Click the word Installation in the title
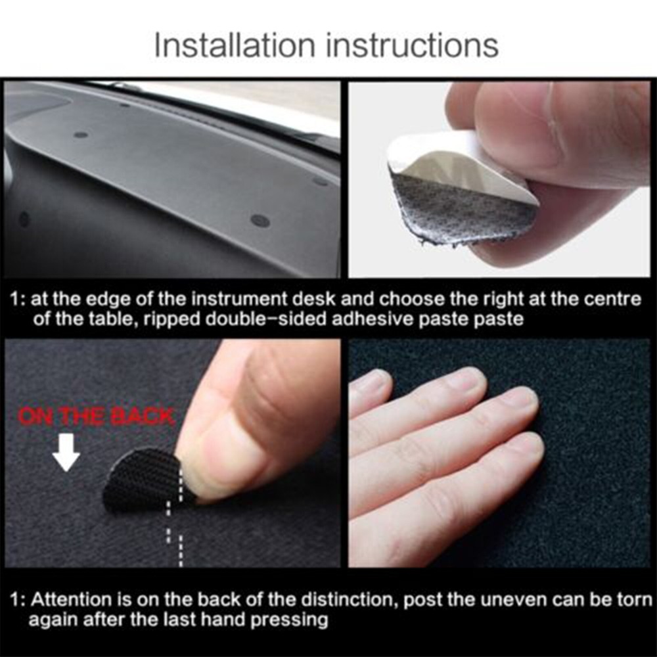(227, 45)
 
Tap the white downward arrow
(66, 455)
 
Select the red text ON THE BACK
(96, 417)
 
